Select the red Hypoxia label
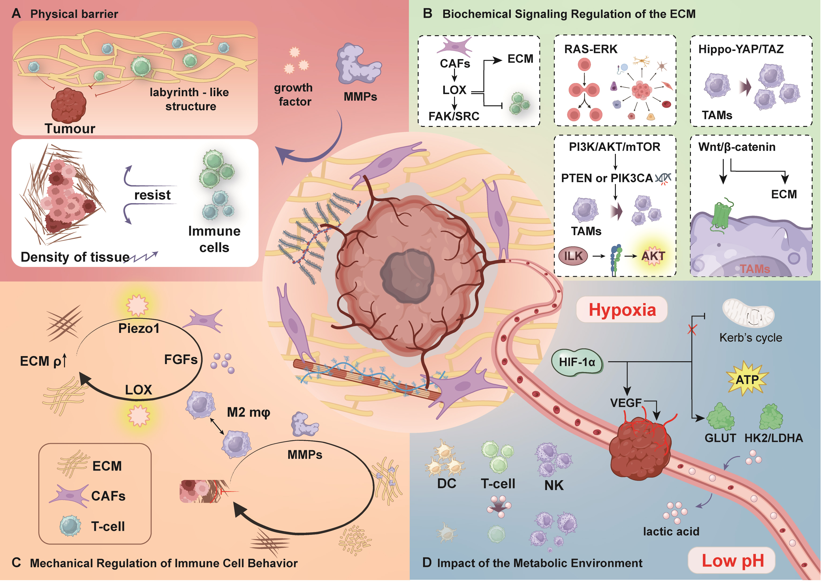pos(622,310)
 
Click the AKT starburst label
pos(653,256)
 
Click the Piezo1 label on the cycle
pos(139,328)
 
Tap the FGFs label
pos(181,359)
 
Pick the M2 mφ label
pos(248,412)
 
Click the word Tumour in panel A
pos(70,129)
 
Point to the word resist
pos(152,195)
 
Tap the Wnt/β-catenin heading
pos(737,147)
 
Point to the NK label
pos(554,486)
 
